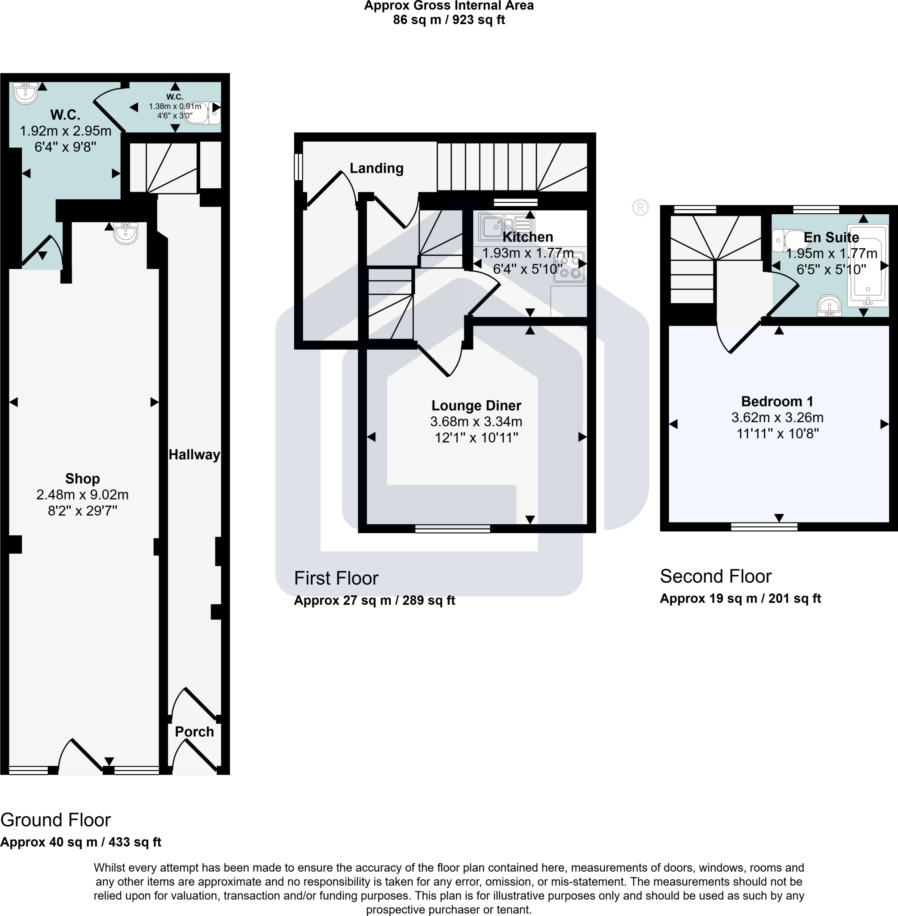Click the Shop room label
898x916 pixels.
(x=82, y=479)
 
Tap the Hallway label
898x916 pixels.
(x=194, y=454)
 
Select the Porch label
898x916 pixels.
(x=194, y=731)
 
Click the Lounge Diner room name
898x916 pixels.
(x=476, y=405)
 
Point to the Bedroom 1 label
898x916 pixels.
(x=777, y=401)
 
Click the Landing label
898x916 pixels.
(x=376, y=168)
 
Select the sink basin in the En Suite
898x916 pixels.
(x=829, y=305)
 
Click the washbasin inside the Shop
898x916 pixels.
(x=126, y=233)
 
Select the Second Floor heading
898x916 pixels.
(x=715, y=576)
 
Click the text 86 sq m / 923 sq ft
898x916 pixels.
(x=448, y=20)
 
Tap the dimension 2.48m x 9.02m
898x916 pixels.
(x=82, y=495)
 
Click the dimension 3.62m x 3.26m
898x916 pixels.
(x=777, y=417)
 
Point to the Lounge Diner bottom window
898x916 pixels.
(x=452, y=529)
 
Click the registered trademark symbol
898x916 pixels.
(x=640, y=208)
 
